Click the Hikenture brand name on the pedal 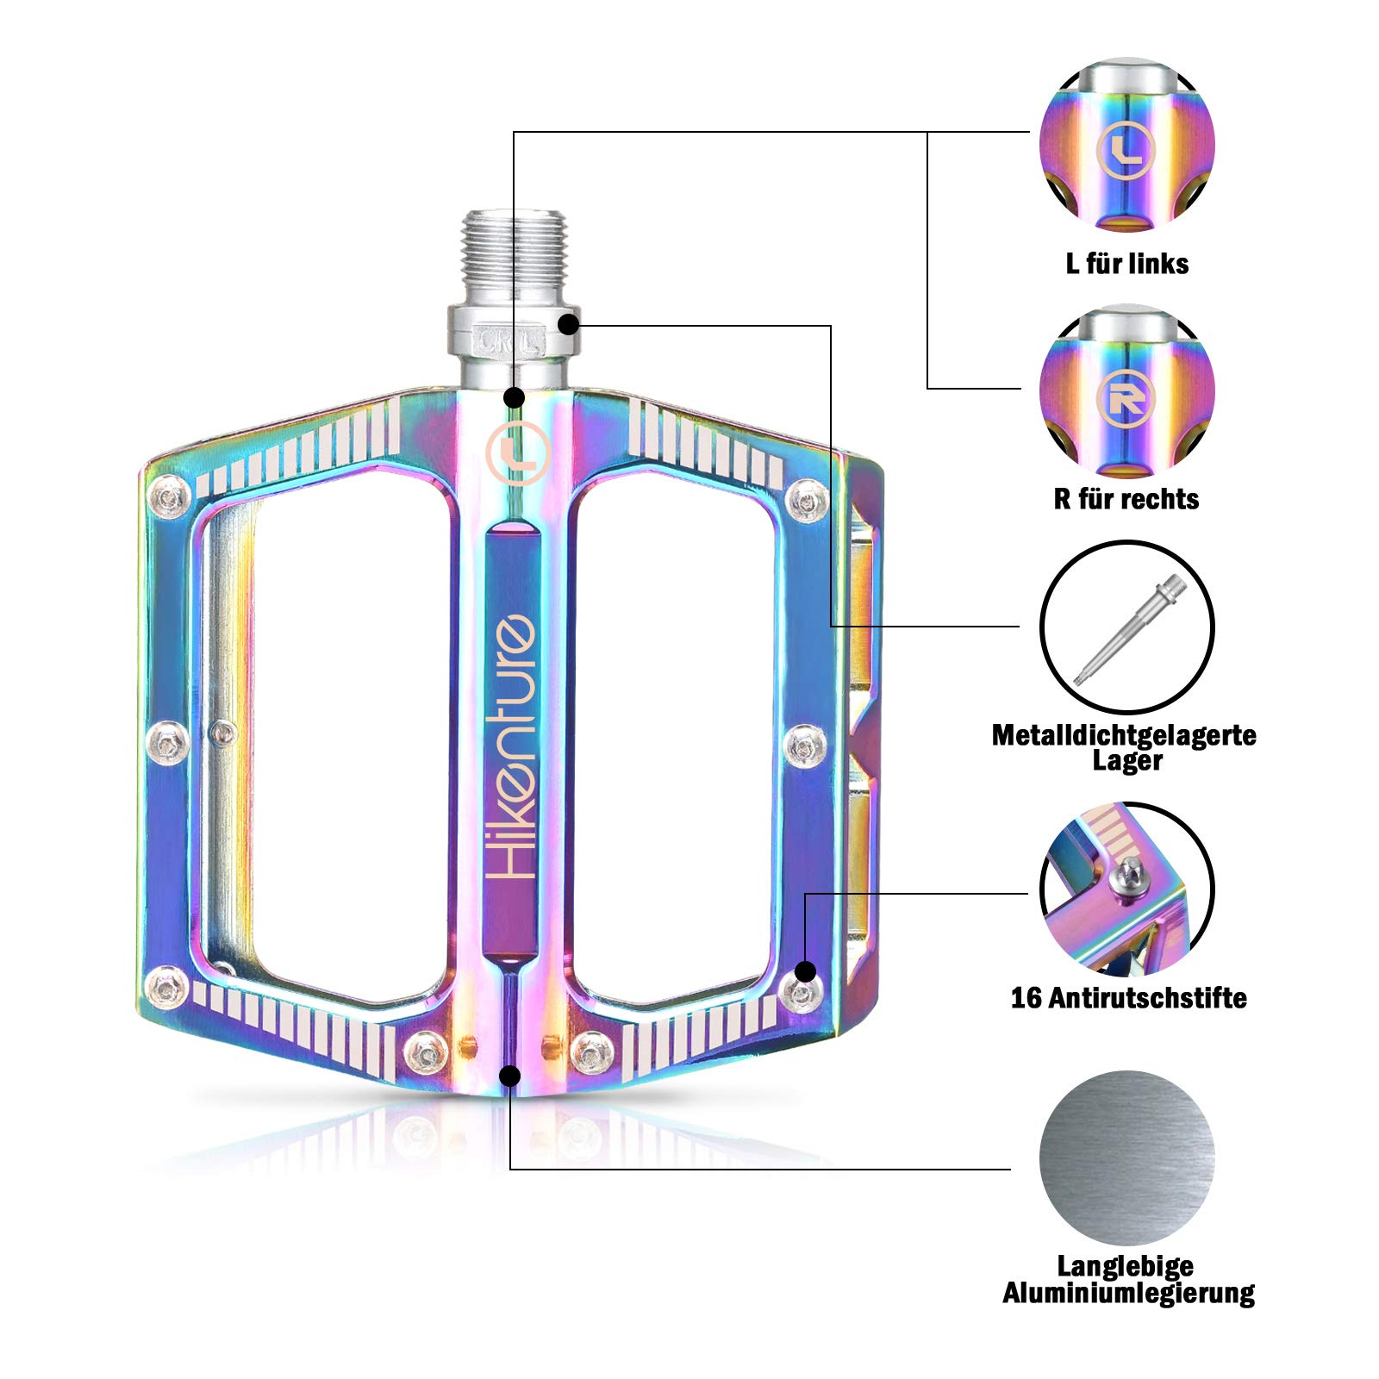pos(512,746)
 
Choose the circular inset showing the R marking pos(1126,392)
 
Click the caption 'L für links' pos(1126,264)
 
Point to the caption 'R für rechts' pos(1126,499)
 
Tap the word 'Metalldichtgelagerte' pos(1124,735)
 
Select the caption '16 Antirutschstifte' pos(1128,998)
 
